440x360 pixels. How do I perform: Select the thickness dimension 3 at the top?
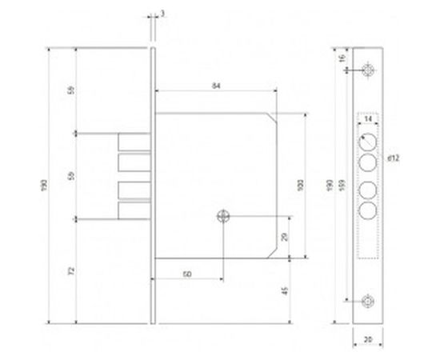click(x=162, y=14)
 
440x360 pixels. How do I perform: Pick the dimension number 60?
click(x=186, y=275)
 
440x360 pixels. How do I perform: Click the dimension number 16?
click(x=342, y=58)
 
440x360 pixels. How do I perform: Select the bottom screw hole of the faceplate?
click(x=369, y=301)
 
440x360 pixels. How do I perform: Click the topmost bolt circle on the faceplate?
click(x=369, y=142)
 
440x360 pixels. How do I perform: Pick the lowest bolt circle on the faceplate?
click(x=369, y=212)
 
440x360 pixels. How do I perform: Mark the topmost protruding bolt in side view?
click(x=134, y=141)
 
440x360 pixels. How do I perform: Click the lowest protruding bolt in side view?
click(x=134, y=212)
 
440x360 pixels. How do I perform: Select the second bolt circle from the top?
click(x=369, y=162)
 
